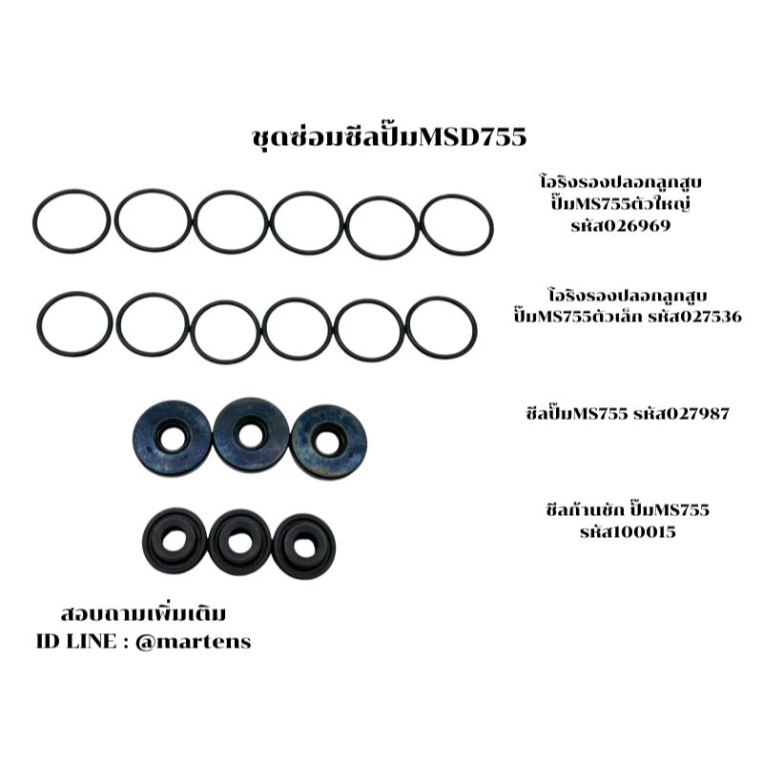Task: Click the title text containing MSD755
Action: (x=389, y=137)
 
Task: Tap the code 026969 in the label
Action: (x=621, y=226)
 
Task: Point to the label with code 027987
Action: (x=628, y=414)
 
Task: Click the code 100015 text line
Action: (x=628, y=531)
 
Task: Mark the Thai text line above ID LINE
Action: (x=143, y=613)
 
